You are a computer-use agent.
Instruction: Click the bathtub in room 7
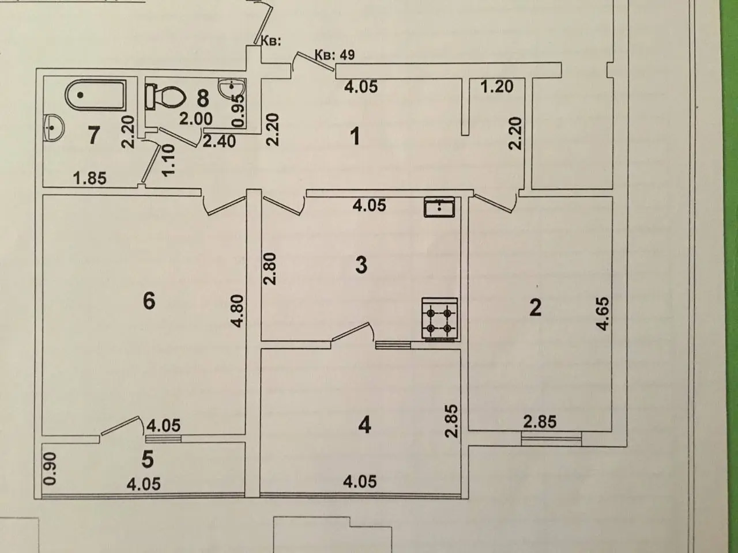(x=96, y=94)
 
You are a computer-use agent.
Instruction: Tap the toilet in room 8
(x=165, y=97)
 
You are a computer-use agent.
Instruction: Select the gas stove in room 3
(x=439, y=319)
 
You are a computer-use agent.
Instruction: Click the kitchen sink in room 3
(x=439, y=207)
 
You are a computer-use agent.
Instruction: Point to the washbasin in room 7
(x=53, y=127)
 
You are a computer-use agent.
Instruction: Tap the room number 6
(x=149, y=301)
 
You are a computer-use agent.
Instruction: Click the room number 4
(x=364, y=425)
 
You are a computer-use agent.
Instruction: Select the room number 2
(x=535, y=307)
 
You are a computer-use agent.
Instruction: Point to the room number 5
(x=148, y=459)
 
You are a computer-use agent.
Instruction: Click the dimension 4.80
(x=238, y=310)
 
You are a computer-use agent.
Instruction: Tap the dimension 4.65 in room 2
(x=602, y=313)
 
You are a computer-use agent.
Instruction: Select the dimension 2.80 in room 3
(x=270, y=269)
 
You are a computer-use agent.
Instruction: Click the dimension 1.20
(x=496, y=86)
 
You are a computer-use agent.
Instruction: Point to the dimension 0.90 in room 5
(x=50, y=469)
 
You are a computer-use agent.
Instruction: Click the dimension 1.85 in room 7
(x=90, y=178)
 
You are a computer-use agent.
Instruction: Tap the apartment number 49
(x=347, y=54)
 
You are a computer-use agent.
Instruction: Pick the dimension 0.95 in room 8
(x=238, y=111)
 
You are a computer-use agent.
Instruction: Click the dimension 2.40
(x=219, y=141)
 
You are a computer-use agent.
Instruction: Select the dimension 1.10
(x=168, y=160)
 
